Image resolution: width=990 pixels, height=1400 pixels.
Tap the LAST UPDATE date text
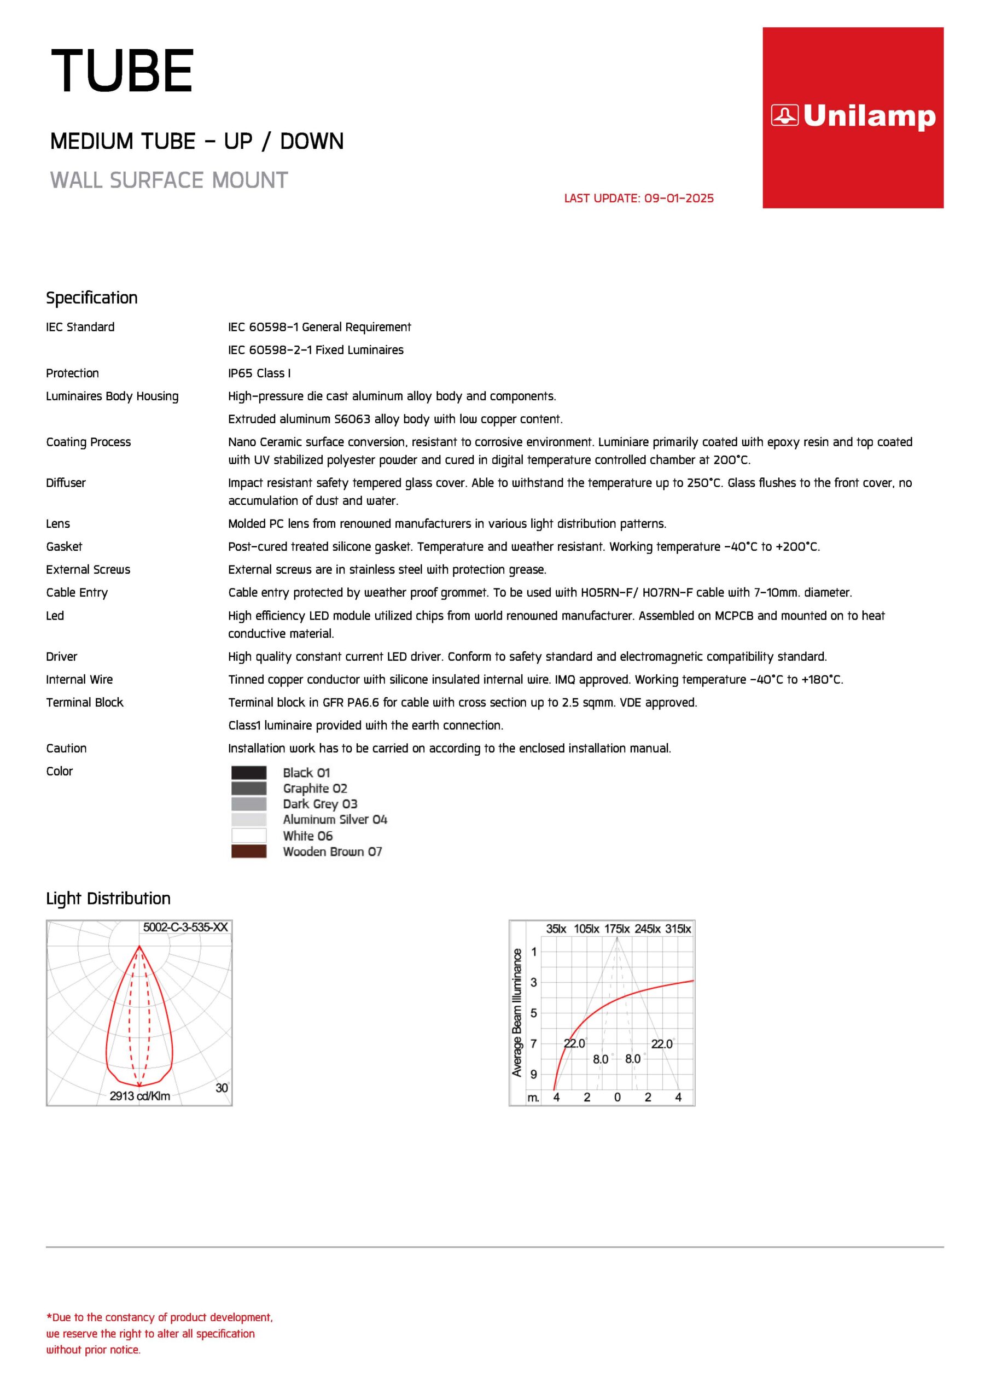click(639, 198)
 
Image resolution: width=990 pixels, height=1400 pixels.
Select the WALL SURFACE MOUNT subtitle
click(169, 180)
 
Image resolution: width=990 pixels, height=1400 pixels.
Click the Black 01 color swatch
click(249, 773)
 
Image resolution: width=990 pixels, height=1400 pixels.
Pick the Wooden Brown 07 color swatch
click(249, 851)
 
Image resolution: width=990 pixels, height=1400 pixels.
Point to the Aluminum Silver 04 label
click(335, 820)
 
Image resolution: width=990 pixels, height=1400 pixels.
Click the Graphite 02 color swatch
click(249, 789)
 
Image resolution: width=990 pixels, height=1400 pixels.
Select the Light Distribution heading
click(108, 898)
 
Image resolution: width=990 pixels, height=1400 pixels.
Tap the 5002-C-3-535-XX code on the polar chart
click(185, 927)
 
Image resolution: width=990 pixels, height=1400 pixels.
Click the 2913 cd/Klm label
click(139, 1096)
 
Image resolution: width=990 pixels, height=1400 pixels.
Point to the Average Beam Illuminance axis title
click(517, 1012)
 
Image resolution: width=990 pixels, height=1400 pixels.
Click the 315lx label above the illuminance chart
click(678, 929)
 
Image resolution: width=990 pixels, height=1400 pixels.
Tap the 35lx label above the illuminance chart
click(556, 929)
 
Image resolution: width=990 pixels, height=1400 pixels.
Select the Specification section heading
click(91, 297)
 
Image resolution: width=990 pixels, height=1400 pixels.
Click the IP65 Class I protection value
click(259, 373)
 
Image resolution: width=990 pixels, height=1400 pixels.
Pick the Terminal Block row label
click(85, 702)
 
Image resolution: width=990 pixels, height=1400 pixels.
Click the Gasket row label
click(64, 546)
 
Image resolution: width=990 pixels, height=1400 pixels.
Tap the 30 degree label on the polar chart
click(222, 1088)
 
